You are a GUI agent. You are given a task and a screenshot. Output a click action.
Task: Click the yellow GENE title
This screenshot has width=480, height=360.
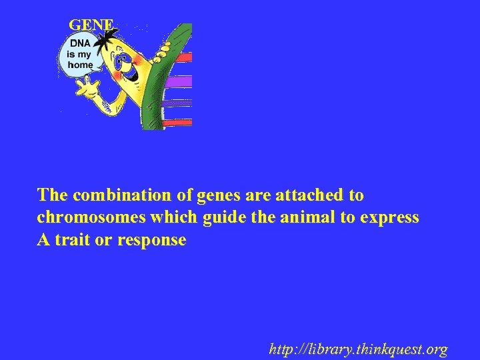click(92, 25)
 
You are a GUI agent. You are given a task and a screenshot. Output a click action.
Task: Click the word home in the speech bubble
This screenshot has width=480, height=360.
click(79, 65)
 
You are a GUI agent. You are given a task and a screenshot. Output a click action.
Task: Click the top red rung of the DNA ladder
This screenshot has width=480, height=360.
click(184, 57)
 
